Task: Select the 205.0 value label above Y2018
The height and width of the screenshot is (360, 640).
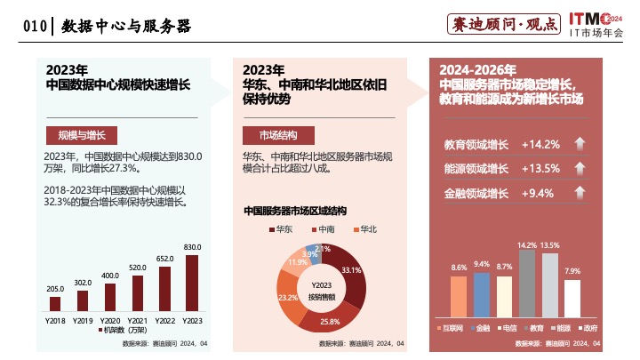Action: (x=55, y=289)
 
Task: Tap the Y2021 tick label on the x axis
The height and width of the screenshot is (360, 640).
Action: (x=137, y=318)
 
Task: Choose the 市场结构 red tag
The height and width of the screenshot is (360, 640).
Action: (x=278, y=135)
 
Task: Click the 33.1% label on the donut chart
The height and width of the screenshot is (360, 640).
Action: (x=351, y=270)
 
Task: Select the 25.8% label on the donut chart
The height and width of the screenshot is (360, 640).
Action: (x=330, y=321)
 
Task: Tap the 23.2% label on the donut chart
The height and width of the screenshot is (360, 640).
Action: (x=287, y=298)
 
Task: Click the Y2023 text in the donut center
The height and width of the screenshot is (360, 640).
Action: (x=322, y=284)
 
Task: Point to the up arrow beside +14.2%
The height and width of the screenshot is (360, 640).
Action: (x=579, y=144)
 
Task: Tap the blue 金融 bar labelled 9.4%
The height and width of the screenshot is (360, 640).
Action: (x=482, y=293)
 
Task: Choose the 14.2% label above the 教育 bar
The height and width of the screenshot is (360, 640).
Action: (x=527, y=244)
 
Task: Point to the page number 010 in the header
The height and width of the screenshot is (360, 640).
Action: (x=34, y=27)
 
